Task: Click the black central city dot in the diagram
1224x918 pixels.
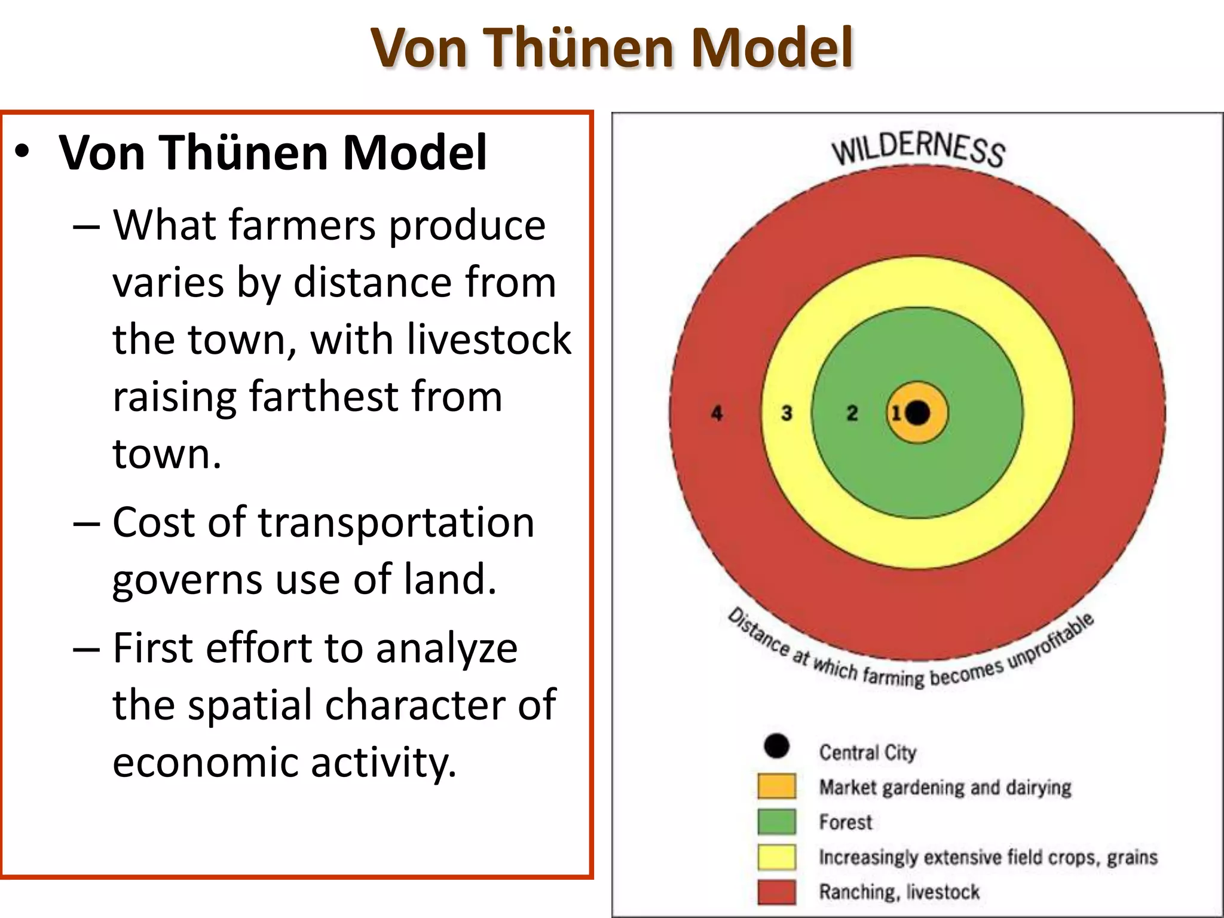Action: point(918,412)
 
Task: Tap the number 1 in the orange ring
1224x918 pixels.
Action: point(896,413)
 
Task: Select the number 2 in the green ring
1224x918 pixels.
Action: point(852,413)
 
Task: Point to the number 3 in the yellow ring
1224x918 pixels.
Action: point(787,413)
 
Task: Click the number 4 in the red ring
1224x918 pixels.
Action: point(717,413)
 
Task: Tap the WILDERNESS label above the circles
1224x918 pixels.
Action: point(919,149)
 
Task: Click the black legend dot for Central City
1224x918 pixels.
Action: point(776,746)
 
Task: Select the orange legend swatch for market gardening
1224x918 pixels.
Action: point(776,786)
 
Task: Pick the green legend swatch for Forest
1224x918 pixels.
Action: point(776,821)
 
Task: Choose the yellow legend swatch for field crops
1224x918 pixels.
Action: point(776,856)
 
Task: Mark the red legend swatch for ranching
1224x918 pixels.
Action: point(776,892)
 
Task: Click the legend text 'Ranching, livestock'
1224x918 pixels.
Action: point(899,892)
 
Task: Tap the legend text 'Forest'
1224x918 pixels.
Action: point(845,822)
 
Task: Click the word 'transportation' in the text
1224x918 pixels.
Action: point(396,522)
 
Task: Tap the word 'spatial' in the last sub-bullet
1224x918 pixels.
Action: point(252,705)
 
